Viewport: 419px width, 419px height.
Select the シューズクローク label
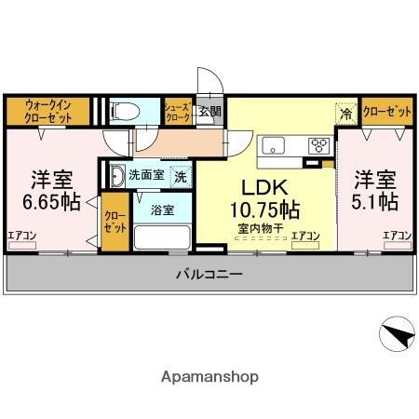(178, 112)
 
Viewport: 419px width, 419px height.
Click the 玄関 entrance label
(209, 112)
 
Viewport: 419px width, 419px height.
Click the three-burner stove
(318, 144)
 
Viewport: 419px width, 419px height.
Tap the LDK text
(264, 185)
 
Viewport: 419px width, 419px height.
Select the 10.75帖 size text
(264, 207)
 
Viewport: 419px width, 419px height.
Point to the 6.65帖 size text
(45, 201)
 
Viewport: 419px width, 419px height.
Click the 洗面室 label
(146, 175)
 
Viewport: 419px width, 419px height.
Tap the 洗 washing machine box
(182, 175)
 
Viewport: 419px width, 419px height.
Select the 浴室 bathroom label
(162, 209)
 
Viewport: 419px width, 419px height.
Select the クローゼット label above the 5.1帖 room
(386, 112)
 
